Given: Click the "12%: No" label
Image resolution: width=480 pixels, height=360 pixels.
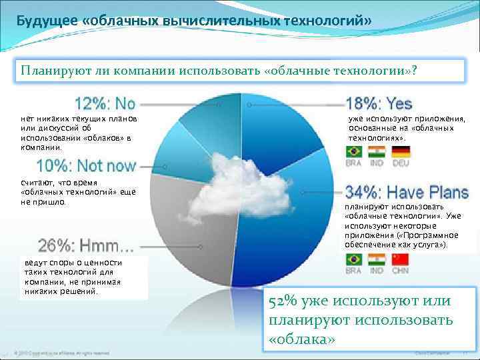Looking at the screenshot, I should [x=105, y=104].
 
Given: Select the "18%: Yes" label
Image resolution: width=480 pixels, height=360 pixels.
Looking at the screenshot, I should [x=379, y=104].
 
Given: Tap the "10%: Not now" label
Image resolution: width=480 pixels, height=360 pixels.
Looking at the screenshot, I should [x=86, y=165].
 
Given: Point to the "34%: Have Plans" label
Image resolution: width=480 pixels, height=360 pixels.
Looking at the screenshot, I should [x=407, y=193].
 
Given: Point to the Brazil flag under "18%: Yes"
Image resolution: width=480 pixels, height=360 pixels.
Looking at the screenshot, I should [x=354, y=151].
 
